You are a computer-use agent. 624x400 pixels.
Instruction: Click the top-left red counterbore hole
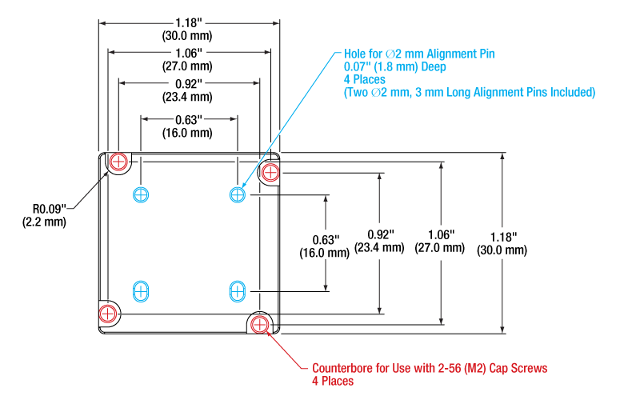(x=118, y=162)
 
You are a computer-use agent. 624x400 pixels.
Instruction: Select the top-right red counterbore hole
(x=270, y=173)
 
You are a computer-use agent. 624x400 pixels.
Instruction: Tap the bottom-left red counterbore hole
(x=107, y=314)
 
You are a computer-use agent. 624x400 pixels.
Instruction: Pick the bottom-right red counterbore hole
(x=259, y=325)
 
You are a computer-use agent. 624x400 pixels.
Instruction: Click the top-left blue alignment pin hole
(x=141, y=194)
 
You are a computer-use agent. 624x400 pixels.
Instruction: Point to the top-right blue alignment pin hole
(x=238, y=194)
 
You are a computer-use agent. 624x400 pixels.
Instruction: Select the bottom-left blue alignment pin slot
(x=141, y=292)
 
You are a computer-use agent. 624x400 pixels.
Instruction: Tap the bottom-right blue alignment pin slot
(x=238, y=292)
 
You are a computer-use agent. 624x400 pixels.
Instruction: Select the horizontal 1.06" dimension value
(x=189, y=53)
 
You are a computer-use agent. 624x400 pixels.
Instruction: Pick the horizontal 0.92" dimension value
(x=189, y=83)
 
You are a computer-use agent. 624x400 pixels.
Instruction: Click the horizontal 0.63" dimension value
(x=189, y=119)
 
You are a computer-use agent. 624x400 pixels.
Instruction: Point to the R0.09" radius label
(x=50, y=208)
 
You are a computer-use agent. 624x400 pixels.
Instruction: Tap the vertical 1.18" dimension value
(x=503, y=237)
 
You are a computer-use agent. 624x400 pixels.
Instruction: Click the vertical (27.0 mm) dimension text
(x=440, y=247)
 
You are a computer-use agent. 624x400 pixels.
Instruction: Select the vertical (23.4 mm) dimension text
(x=379, y=247)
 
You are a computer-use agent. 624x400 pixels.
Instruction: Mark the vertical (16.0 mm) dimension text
(x=324, y=253)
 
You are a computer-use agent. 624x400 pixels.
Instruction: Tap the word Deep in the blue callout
(x=434, y=66)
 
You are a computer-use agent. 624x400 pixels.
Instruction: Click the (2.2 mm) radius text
(x=44, y=222)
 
